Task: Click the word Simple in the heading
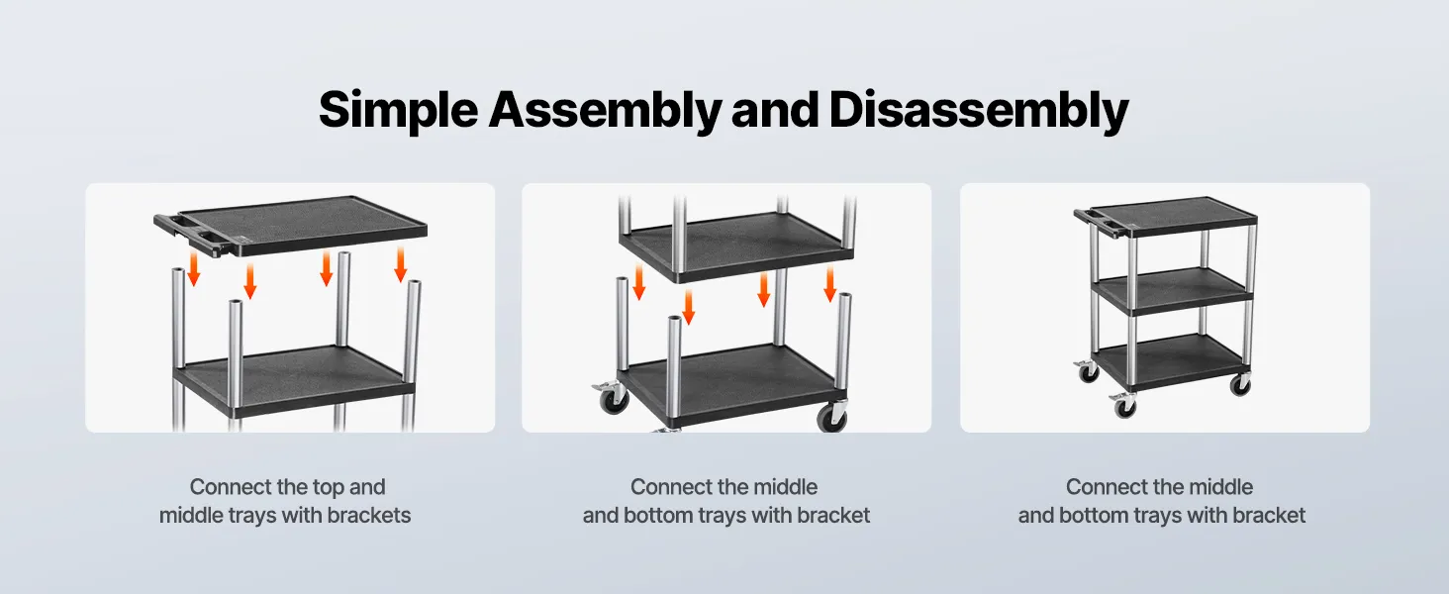[x=398, y=111]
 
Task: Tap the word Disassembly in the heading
[x=979, y=111]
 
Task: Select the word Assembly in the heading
[x=605, y=111]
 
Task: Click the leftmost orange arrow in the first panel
[x=193, y=269]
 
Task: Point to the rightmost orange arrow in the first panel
[x=401, y=264]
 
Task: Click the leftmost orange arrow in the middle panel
[x=639, y=283]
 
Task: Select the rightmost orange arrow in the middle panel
[x=830, y=285]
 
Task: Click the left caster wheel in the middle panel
[x=612, y=400]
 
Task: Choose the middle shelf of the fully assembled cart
[x=1173, y=290]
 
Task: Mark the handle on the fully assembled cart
[x=1101, y=222]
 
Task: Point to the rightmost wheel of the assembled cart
[x=1239, y=385]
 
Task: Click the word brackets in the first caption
[x=369, y=515]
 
